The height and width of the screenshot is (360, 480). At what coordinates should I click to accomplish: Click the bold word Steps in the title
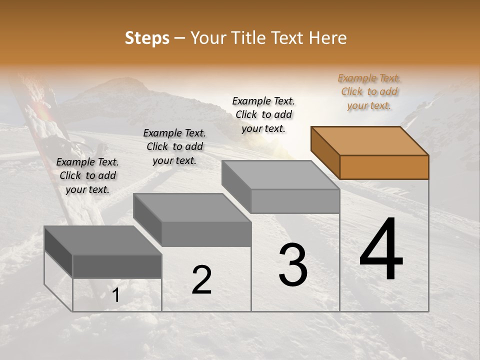pyautogui.click(x=146, y=38)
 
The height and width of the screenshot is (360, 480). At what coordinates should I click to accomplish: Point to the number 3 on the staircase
pyautogui.click(x=292, y=265)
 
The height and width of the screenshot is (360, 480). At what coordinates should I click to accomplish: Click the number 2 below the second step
pyautogui.click(x=201, y=280)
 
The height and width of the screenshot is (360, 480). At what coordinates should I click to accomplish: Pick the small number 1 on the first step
pyautogui.click(x=115, y=295)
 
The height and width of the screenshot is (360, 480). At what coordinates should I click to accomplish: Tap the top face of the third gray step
pyautogui.click(x=280, y=175)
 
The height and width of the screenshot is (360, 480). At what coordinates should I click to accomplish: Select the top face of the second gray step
pyautogui.click(x=192, y=207)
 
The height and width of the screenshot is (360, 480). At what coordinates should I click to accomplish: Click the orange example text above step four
pyautogui.click(x=369, y=91)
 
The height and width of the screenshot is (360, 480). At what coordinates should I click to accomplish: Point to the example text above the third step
pyautogui.click(x=263, y=114)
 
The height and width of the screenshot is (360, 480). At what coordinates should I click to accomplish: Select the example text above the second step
pyautogui.click(x=174, y=146)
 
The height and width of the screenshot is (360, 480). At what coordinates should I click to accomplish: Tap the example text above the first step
pyautogui.click(x=87, y=175)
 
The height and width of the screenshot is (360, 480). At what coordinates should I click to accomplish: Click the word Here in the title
pyautogui.click(x=328, y=38)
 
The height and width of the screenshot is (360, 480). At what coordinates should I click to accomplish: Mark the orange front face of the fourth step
pyautogui.click(x=384, y=167)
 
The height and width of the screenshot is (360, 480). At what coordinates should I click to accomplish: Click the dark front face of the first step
pyautogui.click(x=117, y=266)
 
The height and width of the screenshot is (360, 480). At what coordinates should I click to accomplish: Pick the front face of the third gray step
pyautogui.click(x=295, y=201)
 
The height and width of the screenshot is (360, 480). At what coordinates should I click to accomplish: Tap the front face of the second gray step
pyautogui.click(x=206, y=234)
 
